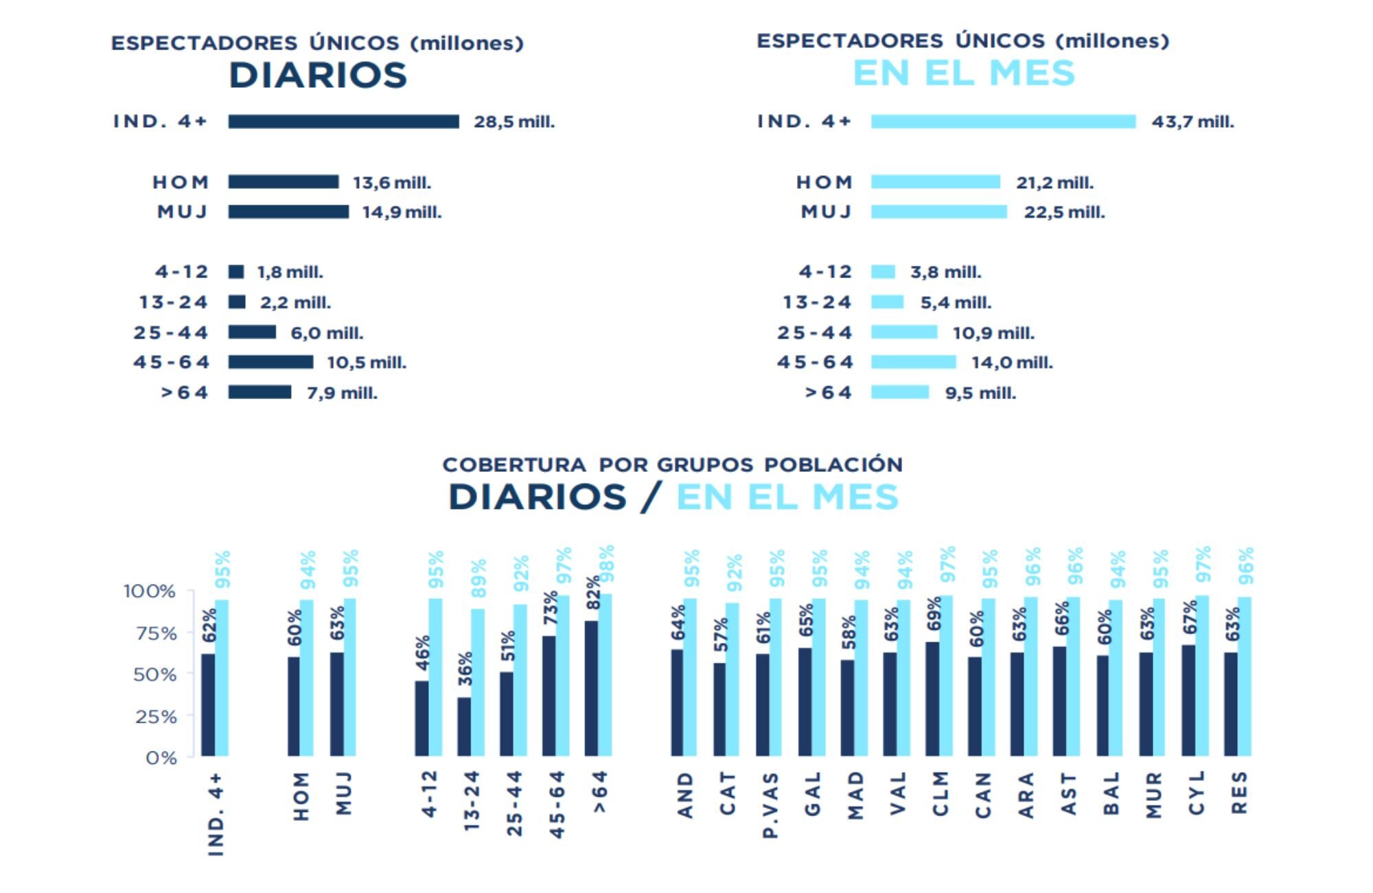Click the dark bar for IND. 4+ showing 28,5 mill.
point(343,122)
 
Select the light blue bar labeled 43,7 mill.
point(1003,122)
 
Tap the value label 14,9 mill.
point(402,212)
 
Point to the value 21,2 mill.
point(1054,183)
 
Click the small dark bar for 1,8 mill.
point(236,272)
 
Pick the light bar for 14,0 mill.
point(913,362)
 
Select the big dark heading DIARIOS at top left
point(318,76)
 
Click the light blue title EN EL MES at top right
point(963,74)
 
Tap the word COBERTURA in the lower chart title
point(514,465)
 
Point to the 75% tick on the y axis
point(156,633)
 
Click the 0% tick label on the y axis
point(161,758)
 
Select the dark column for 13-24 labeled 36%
point(465,727)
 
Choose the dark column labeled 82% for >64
point(591,688)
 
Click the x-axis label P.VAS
point(770,805)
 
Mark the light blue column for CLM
point(946,676)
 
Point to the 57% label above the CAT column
point(720,635)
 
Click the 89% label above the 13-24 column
point(478,578)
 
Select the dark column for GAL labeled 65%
point(805,702)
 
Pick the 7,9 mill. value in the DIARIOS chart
point(342,394)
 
